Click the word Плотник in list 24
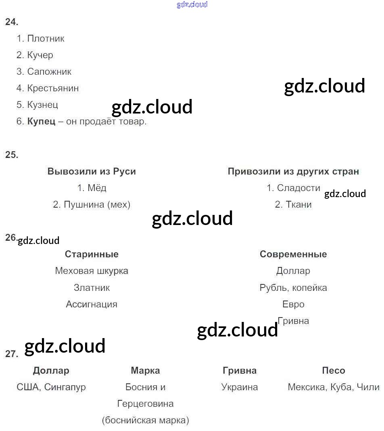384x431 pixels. pos(46,39)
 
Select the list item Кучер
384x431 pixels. pos(40,55)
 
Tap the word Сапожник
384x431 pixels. pos(49,72)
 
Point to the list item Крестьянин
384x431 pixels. pos(53,88)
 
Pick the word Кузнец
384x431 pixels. pos(42,105)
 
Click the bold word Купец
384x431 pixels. pos(41,122)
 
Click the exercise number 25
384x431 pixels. pos(12,155)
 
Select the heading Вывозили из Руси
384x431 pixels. pos(92,171)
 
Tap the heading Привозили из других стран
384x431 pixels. pos(293,171)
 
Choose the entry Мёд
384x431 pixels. pos(97,188)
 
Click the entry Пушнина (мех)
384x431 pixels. pos(97,205)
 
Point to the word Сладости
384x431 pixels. pos(298,188)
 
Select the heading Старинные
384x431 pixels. pos(92,254)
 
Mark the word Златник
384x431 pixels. pos(92,288)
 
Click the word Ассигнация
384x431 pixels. pos(92,304)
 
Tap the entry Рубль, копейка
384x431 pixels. pos(293,288)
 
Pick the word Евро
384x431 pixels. pos(293,304)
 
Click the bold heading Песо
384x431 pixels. pos(334,370)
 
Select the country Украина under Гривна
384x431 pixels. pos(240,387)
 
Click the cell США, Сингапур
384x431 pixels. pos(51,387)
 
